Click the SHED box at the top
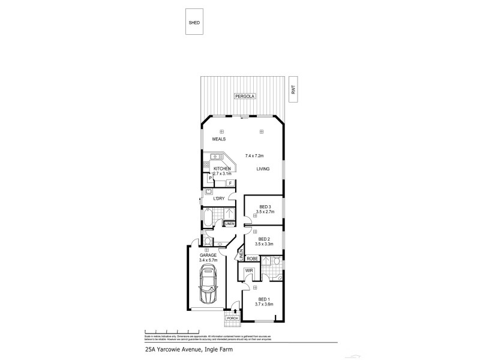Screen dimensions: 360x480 point(194,23)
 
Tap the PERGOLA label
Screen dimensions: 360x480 point(244,96)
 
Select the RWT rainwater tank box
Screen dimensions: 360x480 point(293,89)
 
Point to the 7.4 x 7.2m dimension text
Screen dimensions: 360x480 point(254,155)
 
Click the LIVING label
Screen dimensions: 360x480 point(263,169)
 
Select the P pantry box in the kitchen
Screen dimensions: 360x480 point(210,178)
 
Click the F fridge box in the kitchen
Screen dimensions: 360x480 point(230,182)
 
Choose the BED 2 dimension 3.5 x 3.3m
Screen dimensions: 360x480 point(264,244)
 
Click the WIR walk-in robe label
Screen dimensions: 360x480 point(248,272)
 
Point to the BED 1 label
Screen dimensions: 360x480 point(264,299)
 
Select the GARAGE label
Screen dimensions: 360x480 point(208,255)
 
